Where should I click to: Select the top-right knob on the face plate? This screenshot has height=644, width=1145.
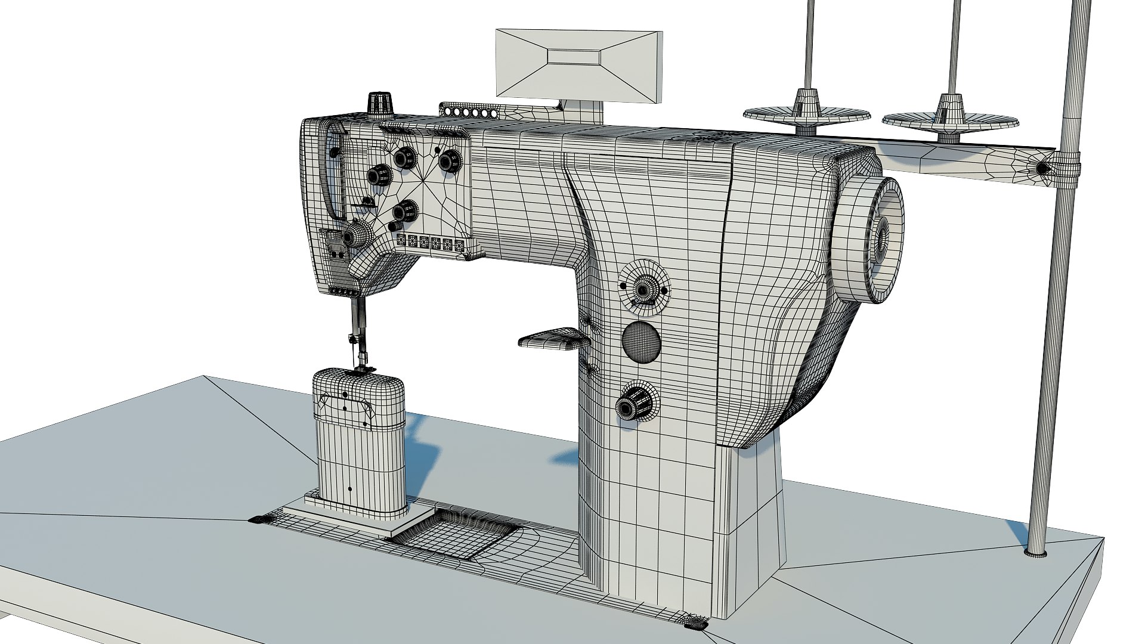tap(449, 160)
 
